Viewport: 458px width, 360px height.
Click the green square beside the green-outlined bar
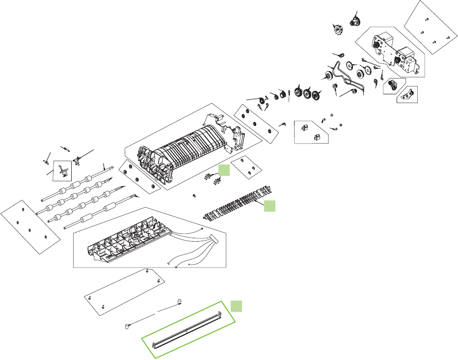pyautogui.click(x=237, y=305)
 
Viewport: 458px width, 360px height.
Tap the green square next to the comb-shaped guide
pyautogui.click(x=269, y=206)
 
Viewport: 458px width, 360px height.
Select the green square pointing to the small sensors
pyautogui.click(x=224, y=170)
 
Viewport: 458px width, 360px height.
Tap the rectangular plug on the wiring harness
pyautogui.click(x=212, y=241)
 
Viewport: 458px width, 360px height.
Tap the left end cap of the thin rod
pyautogui.click(x=127, y=326)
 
